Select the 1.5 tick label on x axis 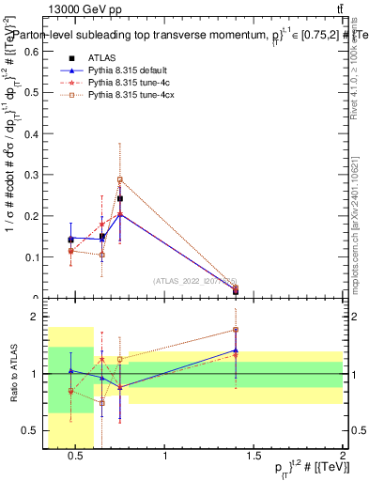pyautogui.click(x=254, y=458)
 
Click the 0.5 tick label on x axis pyautogui.click(x=77, y=458)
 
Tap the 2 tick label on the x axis pyautogui.click(x=342, y=458)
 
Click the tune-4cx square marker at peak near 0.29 pyautogui.click(x=120, y=179)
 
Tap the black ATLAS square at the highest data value pyautogui.click(x=120, y=199)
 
